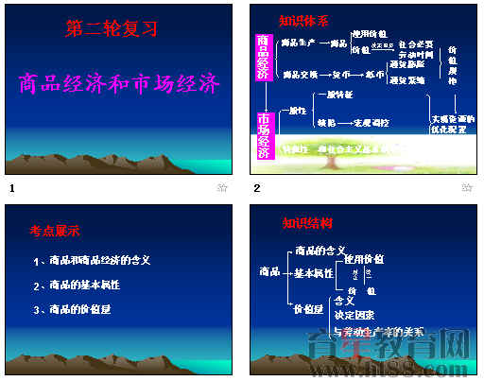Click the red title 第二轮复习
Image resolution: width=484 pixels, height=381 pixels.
click(x=111, y=29)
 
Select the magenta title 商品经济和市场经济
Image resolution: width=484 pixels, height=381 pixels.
click(x=119, y=84)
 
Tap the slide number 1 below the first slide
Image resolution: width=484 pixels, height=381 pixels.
click(x=11, y=188)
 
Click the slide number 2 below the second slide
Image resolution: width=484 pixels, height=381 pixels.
click(x=256, y=188)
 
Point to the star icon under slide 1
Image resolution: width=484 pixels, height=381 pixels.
click(x=223, y=188)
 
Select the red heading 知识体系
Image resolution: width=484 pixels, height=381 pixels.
click(x=303, y=20)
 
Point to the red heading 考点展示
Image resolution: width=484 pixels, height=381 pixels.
click(x=55, y=230)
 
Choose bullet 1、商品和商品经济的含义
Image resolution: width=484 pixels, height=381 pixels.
click(x=92, y=260)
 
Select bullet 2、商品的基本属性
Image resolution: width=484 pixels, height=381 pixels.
click(x=77, y=285)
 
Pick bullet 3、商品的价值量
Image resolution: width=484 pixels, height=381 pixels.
click(x=74, y=309)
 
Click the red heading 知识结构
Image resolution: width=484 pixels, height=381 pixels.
click(x=307, y=223)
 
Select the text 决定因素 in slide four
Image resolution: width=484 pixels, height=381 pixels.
click(x=354, y=314)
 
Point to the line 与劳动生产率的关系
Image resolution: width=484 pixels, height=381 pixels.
click(x=378, y=331)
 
